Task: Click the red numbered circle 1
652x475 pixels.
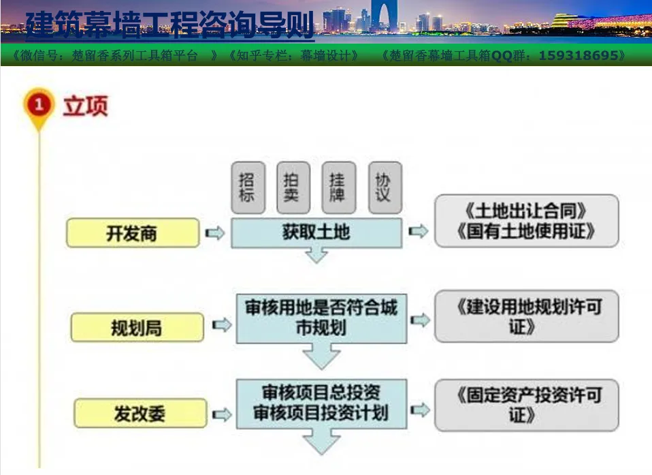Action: click(x=39, y=104)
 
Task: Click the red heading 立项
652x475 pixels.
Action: click(x=86, y=106)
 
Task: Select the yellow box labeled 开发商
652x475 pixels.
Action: click(x=133, y=232)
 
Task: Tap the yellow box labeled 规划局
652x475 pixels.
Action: click(x=137, y=328)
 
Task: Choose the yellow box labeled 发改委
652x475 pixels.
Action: click(x=140, y=413)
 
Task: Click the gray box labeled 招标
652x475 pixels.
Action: click(x=248, y=188)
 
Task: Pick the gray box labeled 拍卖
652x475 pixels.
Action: click(x=293, y=188)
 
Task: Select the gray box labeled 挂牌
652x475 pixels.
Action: click(x=339, y=188)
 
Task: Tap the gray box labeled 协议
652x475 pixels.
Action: click(x=385, y=188)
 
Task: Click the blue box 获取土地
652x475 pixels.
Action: click(x=316, y=232)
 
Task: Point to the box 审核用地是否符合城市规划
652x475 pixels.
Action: click(x=321, y=318)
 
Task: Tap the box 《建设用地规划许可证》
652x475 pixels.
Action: click(x=526, y=316)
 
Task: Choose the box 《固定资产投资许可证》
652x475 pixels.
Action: click(x=526, y=405)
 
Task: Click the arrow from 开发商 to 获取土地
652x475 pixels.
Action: click(x=215, y=232)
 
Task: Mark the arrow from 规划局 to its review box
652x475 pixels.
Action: click(x=222, y=324)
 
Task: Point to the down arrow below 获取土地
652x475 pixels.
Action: click(x=316, y=255)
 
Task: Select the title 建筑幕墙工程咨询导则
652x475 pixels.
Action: click(x=169, y=25)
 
